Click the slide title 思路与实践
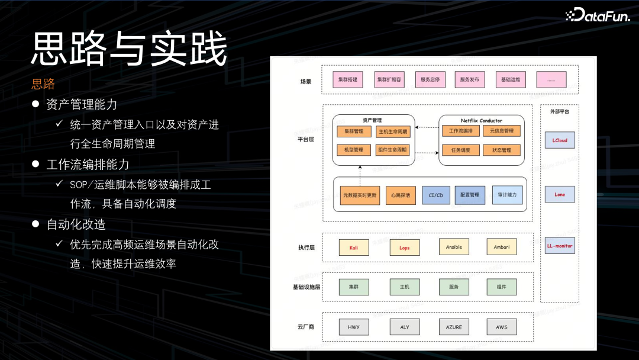click(129, 49)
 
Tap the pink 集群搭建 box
click(347, 79)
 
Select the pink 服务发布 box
click(470, 79)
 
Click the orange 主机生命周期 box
click(393, 131)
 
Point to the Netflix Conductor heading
click(482, 120)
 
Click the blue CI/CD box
click(436, 195)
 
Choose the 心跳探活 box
click(401, 195)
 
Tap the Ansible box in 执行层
click(454, 247)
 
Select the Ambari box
click(501, 247)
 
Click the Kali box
click(354, 247)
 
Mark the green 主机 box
click(405, 287)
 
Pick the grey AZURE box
click(454, 327)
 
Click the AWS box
click(501, 327)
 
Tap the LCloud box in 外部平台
click(560, 141)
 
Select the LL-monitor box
click(560, 246)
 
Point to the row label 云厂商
click(305, 327)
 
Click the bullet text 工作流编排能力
click(88, 164)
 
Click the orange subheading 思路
click(43, 84)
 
